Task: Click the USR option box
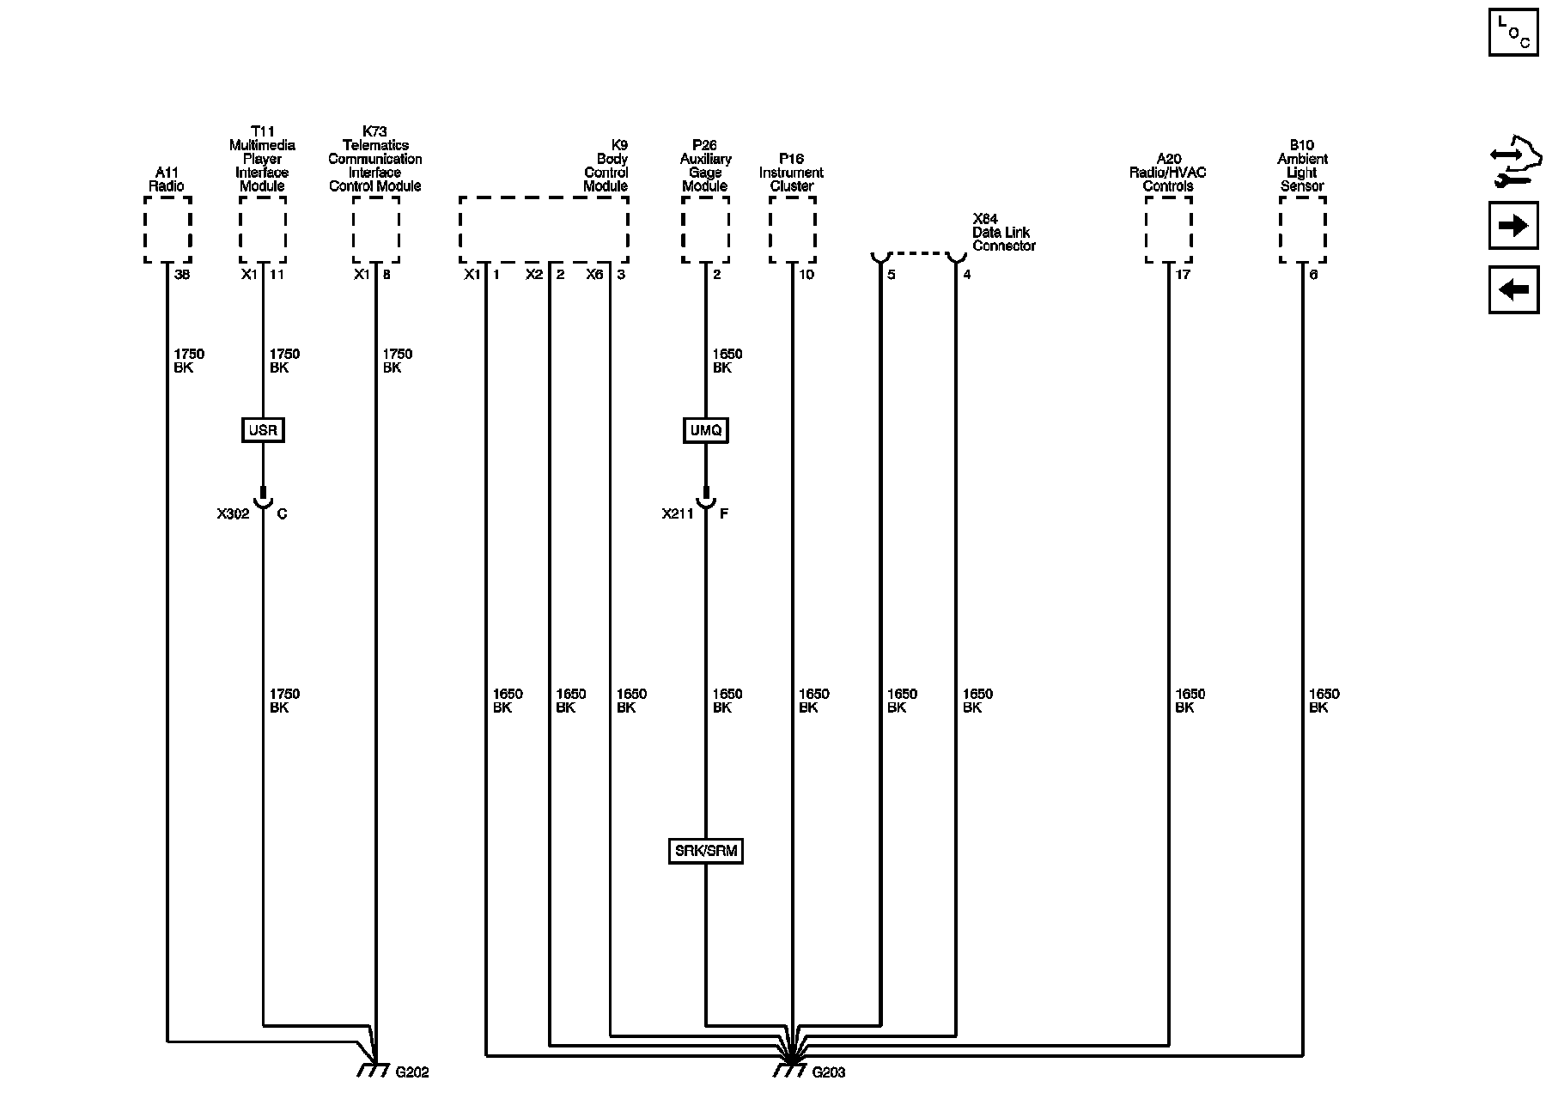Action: point(263,430)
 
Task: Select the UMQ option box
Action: point(706,430)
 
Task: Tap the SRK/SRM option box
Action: point(705,852)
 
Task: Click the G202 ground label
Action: point(412,1072)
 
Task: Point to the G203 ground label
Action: point(828,1072)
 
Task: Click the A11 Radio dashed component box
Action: point(167,229)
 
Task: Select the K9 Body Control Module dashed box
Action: point(544,229)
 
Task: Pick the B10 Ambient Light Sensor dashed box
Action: point(1302,229)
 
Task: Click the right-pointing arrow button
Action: point(1513,226)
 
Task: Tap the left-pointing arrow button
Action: point(1513,289)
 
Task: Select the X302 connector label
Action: point(233,514)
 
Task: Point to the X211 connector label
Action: point(678,514)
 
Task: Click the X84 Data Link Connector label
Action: point(1003,233)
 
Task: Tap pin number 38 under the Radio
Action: point(182,275)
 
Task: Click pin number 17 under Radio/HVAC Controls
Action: point(1184,275)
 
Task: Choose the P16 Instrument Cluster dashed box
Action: point(792,229)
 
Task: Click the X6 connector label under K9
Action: point(594,275)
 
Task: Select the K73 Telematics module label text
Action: point(375,159)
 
